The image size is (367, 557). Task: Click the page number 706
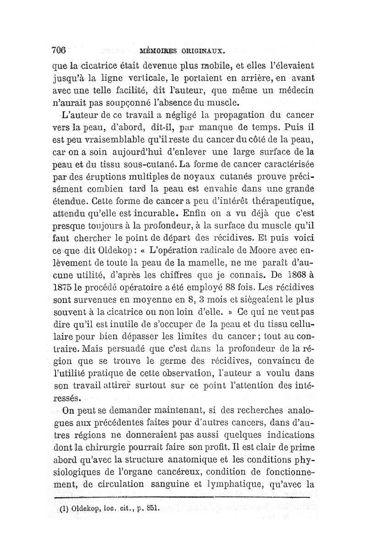[60, 50]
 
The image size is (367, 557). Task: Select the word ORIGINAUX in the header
[202, 50]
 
